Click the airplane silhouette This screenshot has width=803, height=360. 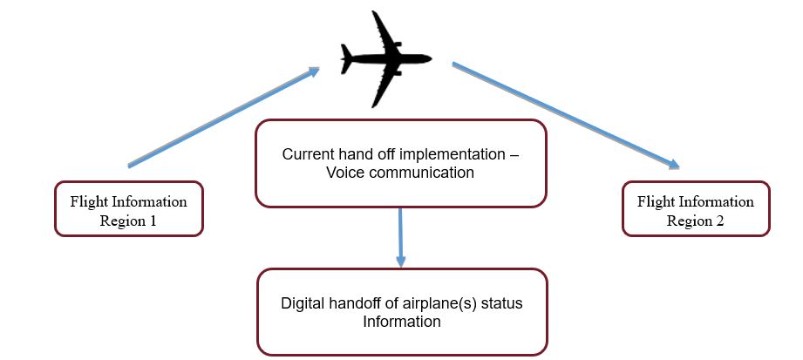click(x=384, y=60)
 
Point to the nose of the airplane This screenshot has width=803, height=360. click(x=430, y=60)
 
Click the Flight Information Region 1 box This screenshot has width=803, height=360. click(x=129, y=209)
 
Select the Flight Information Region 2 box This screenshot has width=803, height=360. click(x=696, y=209)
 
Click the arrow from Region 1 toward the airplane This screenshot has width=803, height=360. click(x=223, y=117)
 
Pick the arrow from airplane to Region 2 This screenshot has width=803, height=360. click(x=564, y=113)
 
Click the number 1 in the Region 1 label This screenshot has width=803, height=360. click(x=153, y=221)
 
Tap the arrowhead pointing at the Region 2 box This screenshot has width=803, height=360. click(x=673, y=164)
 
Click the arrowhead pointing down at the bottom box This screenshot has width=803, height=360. click(x=401, y=261)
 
